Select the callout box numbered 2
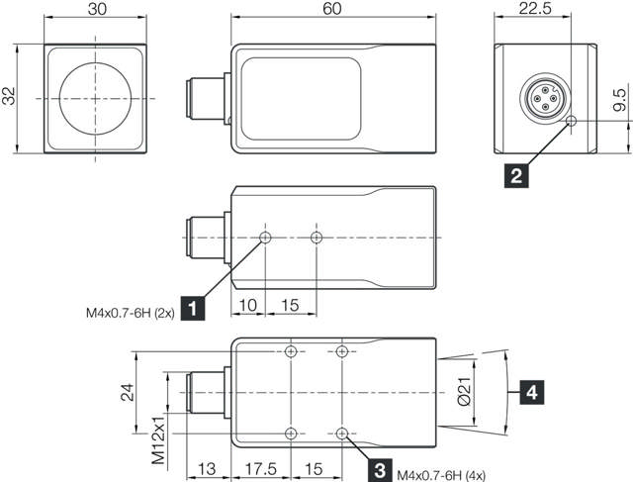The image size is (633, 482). pos(514,177)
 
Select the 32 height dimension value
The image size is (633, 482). pos(9,98)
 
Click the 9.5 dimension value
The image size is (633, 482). pos(619,100)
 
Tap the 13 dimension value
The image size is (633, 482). pos(208,469)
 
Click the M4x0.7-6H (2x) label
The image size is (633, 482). pos(130,318)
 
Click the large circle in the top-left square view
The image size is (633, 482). pos(95,99)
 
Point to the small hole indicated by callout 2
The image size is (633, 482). pos(571,121)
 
